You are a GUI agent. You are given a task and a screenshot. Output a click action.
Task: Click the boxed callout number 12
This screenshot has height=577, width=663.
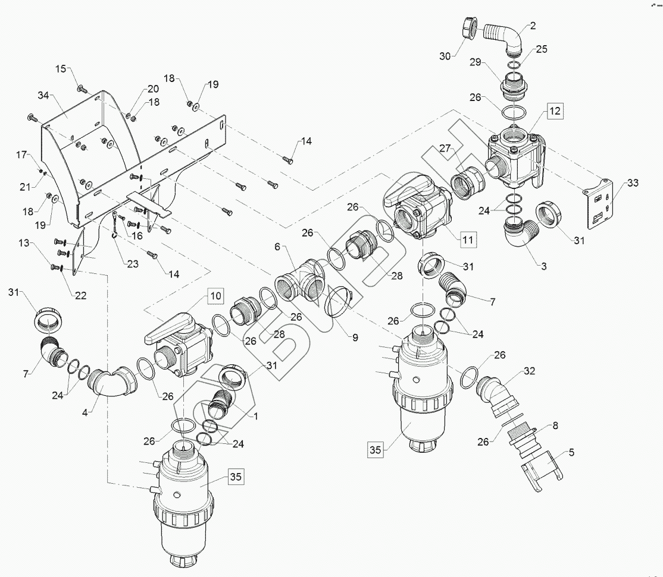click(x=555, y=111)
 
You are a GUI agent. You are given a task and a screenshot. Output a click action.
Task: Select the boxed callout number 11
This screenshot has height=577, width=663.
click(x=468, y=239)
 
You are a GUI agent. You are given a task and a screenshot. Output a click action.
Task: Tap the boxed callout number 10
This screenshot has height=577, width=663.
click(x=215, y=295)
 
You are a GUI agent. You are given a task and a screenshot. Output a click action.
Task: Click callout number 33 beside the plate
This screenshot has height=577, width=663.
click(x=633, y=183)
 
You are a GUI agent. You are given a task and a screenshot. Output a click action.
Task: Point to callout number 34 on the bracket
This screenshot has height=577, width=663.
click(x=43, y=96)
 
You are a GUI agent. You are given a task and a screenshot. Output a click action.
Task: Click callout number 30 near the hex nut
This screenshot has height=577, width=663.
click(x=445, y=56)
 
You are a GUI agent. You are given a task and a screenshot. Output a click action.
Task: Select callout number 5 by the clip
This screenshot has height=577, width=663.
click(x=572, y=453)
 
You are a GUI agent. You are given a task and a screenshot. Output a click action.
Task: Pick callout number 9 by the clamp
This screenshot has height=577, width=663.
click(x=355, y=338)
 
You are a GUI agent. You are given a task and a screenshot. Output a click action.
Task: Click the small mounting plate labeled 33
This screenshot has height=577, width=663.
click(x=598, y=200)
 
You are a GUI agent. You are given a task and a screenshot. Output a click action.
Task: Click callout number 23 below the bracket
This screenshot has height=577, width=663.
click(x=133, y=264)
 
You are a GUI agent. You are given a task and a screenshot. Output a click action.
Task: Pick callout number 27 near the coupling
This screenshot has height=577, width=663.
click(x=445, y=148)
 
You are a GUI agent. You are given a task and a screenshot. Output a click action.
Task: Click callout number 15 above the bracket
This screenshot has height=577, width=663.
click(x=61, y=68)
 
